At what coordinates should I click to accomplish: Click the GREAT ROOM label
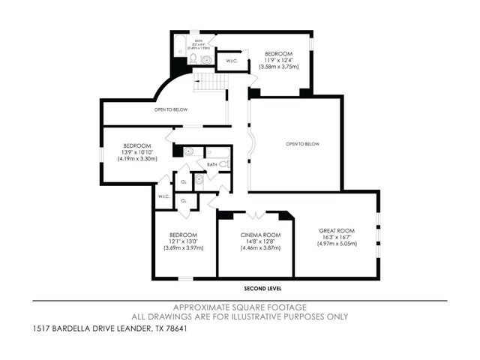point(336,230)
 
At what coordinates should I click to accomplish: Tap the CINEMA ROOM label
point(260,235)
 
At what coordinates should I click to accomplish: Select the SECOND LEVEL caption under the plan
point(262,288)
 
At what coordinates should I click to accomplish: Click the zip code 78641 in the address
point(174,328)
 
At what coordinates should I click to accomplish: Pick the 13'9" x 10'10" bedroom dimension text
point(137,152)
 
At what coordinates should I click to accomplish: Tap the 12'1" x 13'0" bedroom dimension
point(182,241)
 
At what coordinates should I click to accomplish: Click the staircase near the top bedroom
point(210,81)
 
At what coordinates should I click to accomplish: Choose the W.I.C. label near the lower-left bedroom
point(163,196)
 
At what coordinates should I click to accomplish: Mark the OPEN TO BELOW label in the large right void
point(302,144)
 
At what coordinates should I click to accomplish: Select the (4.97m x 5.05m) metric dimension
point(336,244)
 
